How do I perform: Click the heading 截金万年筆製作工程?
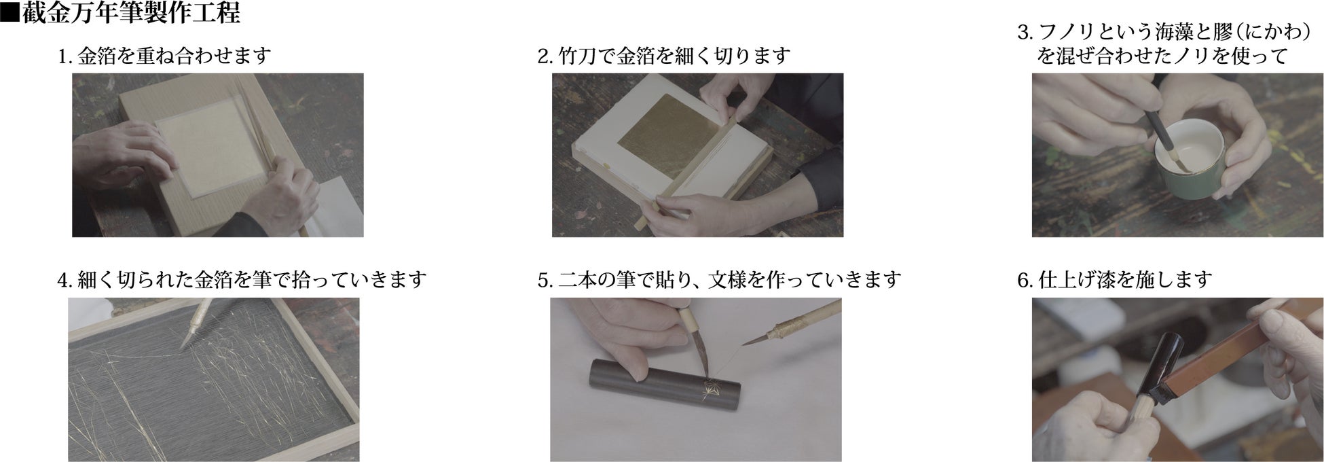tap(131, 13)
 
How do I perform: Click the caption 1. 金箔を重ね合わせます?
tap(165, 56)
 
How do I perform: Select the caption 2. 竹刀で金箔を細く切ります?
tap(663, 56)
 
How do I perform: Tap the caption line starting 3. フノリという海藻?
tap(1171, 32)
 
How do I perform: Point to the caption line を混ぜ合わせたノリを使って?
tap(1162, 56)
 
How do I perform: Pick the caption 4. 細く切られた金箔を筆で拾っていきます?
tap(242, 279)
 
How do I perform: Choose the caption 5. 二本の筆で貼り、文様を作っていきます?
tap(719, 279)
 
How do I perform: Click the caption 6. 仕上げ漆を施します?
tap(1115, 279)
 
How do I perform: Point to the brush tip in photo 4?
tap(185, 339)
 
